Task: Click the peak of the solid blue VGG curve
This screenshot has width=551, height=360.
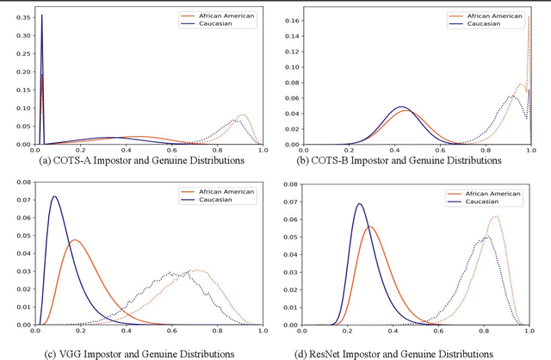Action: pyautogui.click(x=55, y=196)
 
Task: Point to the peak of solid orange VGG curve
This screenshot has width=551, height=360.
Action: pyautogui.click(x=75, y=239)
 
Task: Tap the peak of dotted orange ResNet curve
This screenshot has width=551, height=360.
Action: pyautogui.click(x=495, y=216)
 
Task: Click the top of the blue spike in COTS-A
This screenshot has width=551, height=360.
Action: pyautogui.click(x=41, y=15)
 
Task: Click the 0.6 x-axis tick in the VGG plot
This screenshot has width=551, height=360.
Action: pyautogui.click(x=171, y=331)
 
